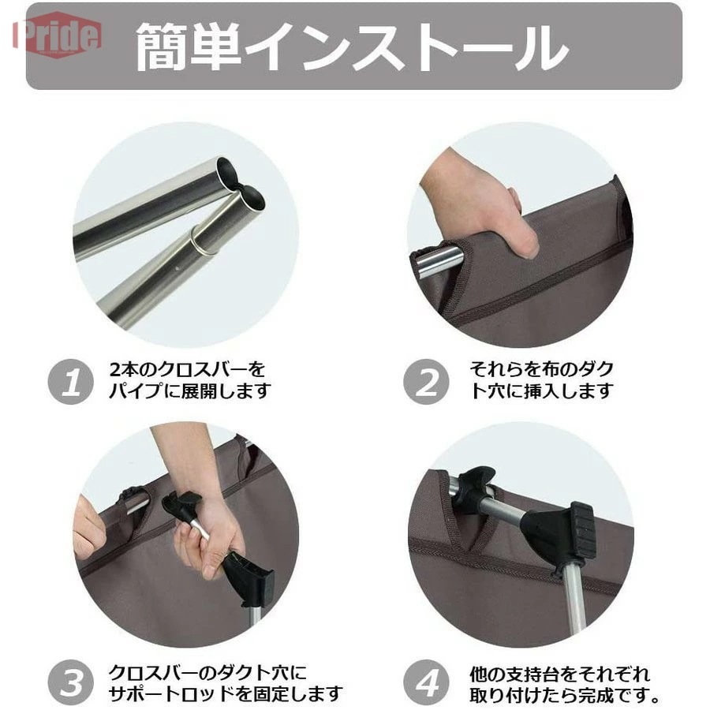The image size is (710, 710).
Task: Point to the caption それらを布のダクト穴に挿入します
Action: click(541, 379)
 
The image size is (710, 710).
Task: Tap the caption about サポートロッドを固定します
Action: click(225, 683)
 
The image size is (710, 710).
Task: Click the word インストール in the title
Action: click(405, 46)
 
